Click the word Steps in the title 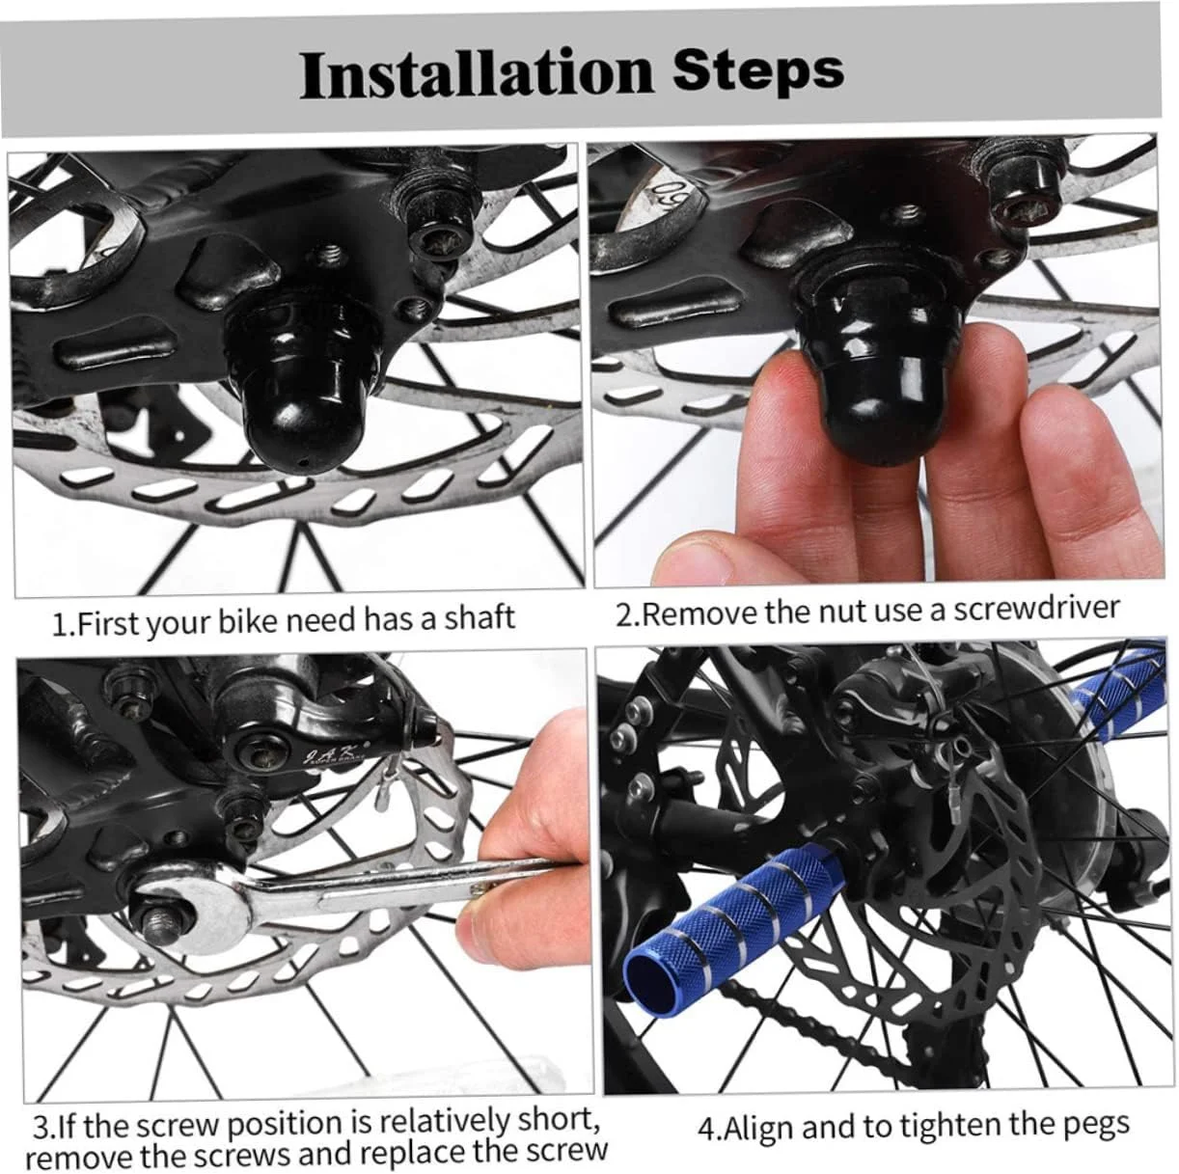(758, 72)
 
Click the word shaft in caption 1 (480, 617)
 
